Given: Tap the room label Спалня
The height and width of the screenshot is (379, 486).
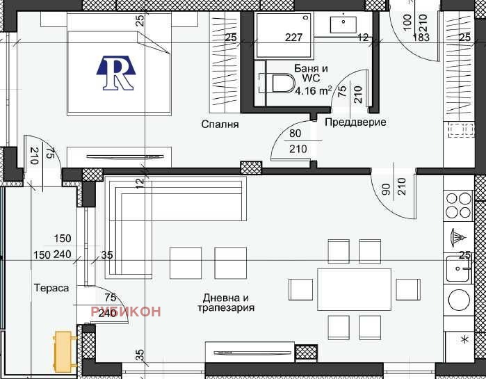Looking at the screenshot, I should (220, 125).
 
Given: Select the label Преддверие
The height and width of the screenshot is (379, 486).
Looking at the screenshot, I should (355, 122).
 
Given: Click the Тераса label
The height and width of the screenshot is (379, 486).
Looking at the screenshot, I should (51, 287).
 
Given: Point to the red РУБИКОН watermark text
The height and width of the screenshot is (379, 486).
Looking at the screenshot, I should (126, 311).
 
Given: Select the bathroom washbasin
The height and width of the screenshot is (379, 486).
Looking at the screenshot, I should (343, 23).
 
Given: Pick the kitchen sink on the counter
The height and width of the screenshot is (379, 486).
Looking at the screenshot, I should (458, 267).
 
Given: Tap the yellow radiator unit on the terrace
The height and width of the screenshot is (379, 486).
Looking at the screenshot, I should (64, 352).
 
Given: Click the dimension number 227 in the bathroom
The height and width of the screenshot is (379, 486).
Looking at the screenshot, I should (294, 38).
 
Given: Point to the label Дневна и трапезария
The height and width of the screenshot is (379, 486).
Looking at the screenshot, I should (225, 302).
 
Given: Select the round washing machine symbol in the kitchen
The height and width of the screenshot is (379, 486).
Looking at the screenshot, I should (460, 300).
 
